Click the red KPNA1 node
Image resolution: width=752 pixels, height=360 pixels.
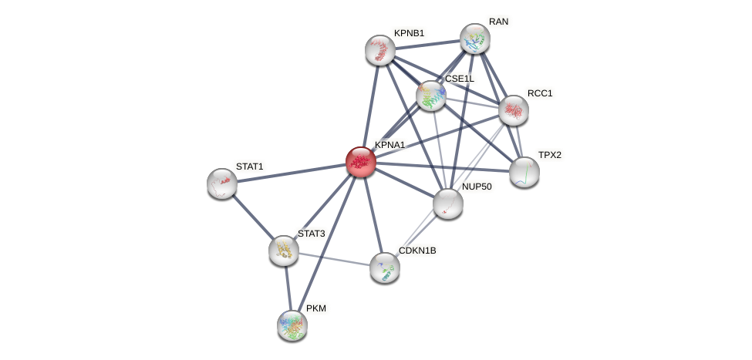(360, 162)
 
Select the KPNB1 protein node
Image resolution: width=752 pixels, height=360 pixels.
(380, 50)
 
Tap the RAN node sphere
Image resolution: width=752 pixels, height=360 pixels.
(475, 39)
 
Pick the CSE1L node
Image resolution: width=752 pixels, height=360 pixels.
(431, 96)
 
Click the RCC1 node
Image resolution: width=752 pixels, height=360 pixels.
(514, 110)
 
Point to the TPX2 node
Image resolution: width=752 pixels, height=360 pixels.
(524, 172)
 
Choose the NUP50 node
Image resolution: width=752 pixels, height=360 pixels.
(447, 204)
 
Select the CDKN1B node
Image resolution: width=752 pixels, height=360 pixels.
(384, 267)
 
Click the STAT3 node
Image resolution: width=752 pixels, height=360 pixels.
(284, 251)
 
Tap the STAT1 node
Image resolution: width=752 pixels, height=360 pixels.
(222, 183)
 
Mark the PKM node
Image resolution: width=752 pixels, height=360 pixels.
(292, 325)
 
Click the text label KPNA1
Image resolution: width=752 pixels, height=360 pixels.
(389, 145)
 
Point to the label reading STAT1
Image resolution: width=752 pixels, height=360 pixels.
(249, 167)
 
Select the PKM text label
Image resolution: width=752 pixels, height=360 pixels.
(316, 308)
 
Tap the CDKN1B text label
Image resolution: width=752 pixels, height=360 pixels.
(417, 251)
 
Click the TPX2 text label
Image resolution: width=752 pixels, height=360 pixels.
(550, 155)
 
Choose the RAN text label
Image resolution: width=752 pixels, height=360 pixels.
(498, 22)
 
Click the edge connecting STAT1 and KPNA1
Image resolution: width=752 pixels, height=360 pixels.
(291, 173)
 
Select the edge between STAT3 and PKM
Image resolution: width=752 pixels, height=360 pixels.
(288, 287)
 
